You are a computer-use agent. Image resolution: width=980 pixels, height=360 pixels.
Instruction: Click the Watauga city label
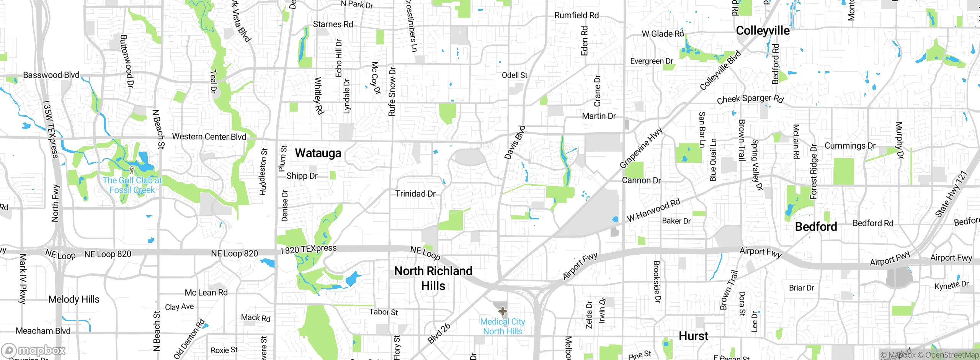318,153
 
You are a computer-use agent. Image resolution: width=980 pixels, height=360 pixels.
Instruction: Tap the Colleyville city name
763,31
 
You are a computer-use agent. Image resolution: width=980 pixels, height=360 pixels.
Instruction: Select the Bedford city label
816,227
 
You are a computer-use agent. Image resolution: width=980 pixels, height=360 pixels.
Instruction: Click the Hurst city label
693,336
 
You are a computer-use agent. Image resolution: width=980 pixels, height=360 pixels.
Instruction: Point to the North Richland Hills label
433,278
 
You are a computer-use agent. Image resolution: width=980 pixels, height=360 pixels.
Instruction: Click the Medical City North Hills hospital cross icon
503,311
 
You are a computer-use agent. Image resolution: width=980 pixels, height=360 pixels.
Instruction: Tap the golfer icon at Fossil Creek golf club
132,170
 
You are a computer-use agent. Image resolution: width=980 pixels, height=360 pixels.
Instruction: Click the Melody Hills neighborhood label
74,299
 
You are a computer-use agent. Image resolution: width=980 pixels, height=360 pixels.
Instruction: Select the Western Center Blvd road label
209,137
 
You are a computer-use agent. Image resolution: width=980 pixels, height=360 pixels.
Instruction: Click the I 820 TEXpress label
309,249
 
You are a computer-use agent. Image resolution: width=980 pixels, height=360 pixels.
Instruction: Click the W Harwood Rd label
653,210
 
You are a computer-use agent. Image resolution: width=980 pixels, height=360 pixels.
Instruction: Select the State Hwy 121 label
951,194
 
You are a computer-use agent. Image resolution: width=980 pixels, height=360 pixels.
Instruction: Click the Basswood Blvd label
51,75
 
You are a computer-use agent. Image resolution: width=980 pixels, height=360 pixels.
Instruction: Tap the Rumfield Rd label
577,15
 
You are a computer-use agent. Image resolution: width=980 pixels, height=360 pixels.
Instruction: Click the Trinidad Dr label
415,194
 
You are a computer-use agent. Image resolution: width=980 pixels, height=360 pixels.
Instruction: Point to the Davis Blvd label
514,142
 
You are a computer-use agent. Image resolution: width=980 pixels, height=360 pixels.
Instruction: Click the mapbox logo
34,350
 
